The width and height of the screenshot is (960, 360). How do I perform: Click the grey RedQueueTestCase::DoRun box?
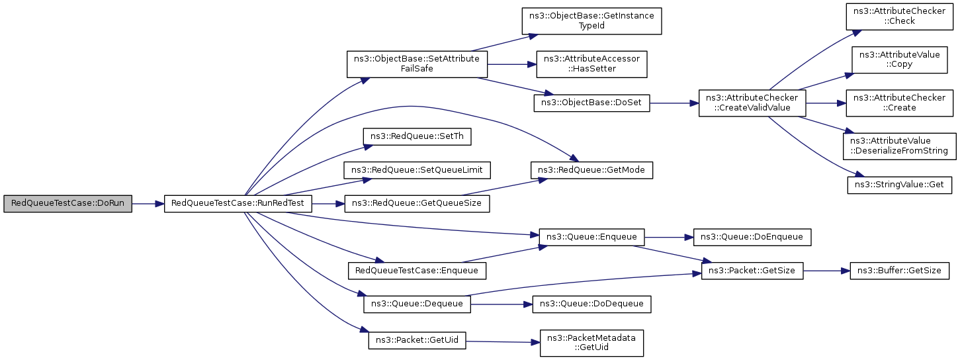(x=67, y=204)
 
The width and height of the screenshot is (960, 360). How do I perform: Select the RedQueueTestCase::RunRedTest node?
(x=238, y=204)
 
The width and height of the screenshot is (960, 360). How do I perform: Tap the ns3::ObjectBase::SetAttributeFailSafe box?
(x=417, y=64)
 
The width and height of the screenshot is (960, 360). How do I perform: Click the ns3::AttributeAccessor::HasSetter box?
(x=591, y=64)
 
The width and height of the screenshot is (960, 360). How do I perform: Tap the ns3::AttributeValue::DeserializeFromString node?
(x=898, y=146)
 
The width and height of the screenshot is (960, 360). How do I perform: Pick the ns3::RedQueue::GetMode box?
(x=591, y=170)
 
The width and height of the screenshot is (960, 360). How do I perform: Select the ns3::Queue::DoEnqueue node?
(x=752, y=236)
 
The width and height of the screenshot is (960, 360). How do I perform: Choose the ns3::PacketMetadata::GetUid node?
(x=591, y=343)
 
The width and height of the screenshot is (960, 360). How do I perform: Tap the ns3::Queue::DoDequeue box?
(x=591, y=304)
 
